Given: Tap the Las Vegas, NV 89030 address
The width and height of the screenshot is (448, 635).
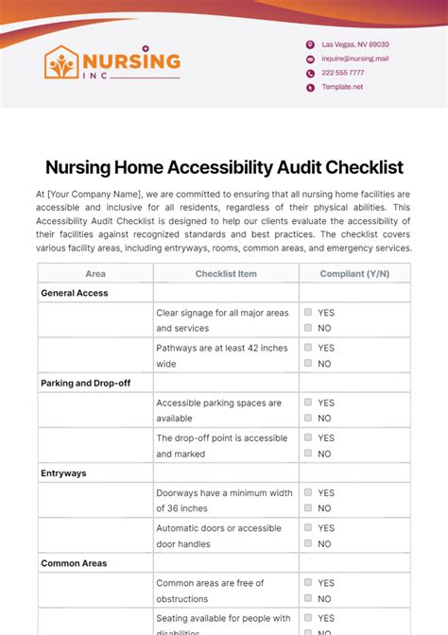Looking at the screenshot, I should point(354,44).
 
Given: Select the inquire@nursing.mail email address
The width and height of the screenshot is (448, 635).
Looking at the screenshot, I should point(354,59).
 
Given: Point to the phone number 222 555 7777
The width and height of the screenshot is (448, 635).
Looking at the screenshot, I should point(342,73).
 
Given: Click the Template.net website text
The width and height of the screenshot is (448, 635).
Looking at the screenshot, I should point(342,87).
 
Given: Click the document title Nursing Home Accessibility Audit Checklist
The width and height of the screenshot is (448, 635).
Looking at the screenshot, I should point(224,167).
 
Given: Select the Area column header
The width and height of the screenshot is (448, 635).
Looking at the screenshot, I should point(95,274).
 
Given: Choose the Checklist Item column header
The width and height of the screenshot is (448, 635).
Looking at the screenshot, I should point(226,274).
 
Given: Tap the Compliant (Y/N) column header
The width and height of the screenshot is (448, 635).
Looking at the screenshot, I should point(354,274).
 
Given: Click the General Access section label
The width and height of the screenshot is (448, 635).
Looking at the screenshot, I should point(75,293).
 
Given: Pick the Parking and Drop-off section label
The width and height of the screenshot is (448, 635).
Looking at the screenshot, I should point(86,384).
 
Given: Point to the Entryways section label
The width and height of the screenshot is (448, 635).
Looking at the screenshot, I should point(63,473).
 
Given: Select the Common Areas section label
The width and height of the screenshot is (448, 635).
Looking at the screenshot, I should point(74,563).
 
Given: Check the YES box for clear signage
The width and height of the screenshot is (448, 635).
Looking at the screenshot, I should point(308,312).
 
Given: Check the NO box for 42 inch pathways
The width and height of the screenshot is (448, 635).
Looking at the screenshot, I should point(308,364).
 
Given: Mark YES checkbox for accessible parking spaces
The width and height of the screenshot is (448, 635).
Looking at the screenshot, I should point(308,403).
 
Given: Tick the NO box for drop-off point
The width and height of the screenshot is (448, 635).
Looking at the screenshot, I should point(308,454).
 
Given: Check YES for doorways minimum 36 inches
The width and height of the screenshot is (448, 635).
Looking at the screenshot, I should point(308,492).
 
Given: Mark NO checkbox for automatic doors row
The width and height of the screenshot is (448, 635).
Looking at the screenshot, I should point(308,544).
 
